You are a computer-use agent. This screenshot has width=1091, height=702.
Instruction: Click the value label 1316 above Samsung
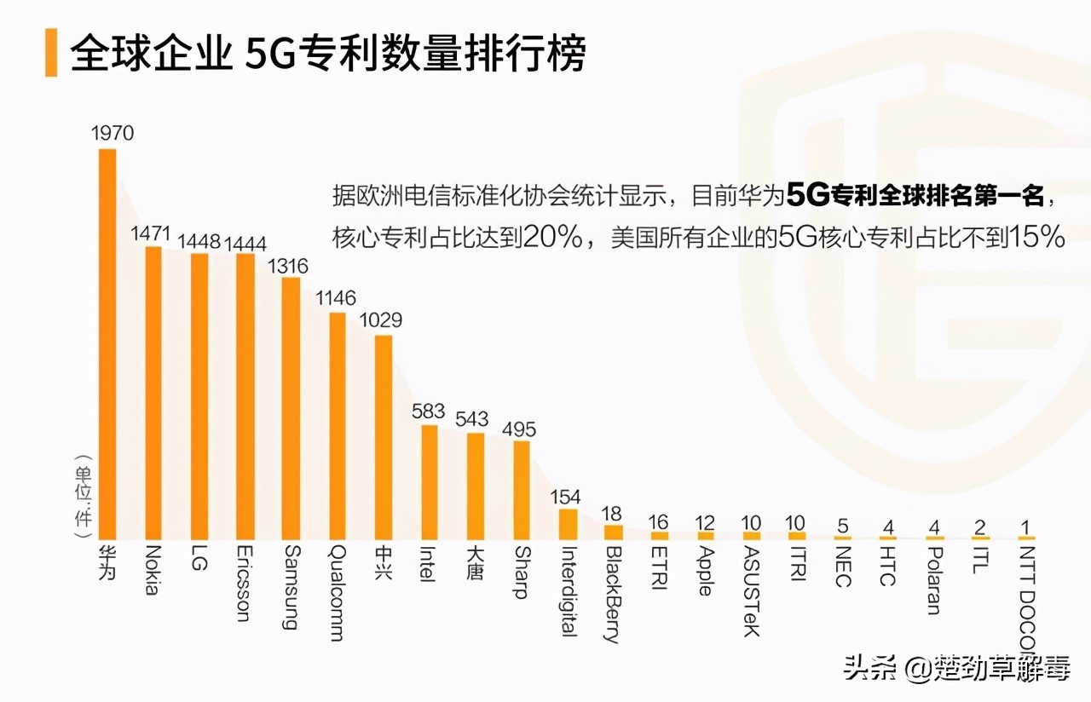coord(288,267)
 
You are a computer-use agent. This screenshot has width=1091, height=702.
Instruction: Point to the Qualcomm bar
coord(338,425)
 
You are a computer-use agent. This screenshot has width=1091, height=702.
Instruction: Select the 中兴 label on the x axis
coord(384,561)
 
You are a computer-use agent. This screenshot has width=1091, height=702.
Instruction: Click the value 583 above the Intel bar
coord(428,411)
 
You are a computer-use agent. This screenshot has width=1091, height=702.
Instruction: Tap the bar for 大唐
coord(476,486)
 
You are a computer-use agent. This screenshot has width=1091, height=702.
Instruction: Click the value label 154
coord(566,496)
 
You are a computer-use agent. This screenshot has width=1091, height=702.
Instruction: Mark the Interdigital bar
coord(568,524)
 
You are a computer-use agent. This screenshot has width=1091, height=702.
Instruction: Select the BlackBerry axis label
coord(613,594)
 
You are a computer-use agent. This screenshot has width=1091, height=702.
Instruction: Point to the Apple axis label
coord(705,570)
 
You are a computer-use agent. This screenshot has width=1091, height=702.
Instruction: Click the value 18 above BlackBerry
coord(612,513)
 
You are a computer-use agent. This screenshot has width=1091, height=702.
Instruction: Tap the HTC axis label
coord(887,566)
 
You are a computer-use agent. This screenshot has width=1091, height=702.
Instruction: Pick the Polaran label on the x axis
coord(933,579)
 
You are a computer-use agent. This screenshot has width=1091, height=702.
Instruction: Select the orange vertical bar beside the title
coord(51,53)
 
